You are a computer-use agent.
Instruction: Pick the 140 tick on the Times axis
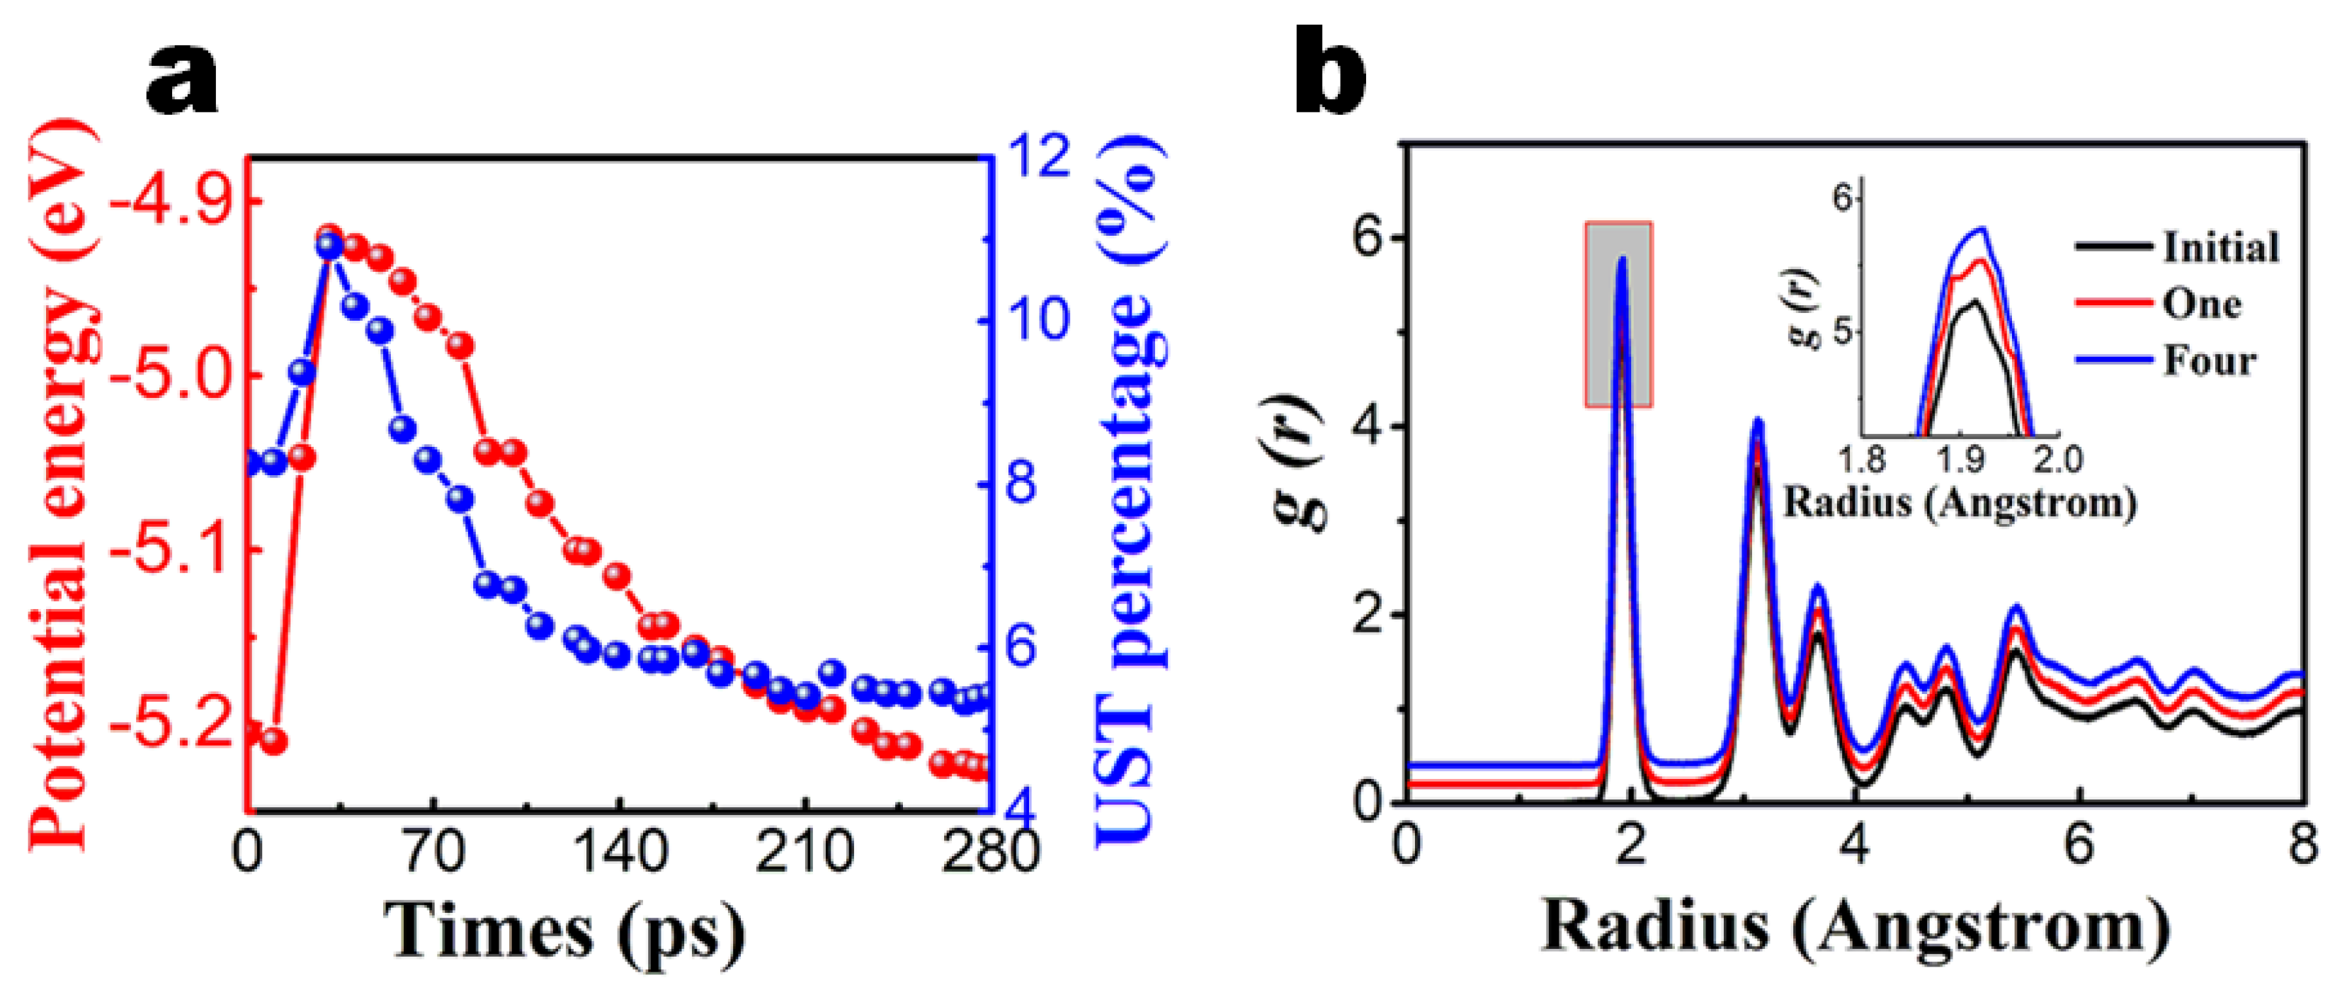click(x=619, y=853)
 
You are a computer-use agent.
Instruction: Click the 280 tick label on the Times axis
click(x=989, y=853)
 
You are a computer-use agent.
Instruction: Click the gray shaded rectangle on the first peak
click(x=1618, y=314)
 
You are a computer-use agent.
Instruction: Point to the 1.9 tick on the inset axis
click(x=1960, y=461)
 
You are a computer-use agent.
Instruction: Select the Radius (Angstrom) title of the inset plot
click(x=1960, y=502)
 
